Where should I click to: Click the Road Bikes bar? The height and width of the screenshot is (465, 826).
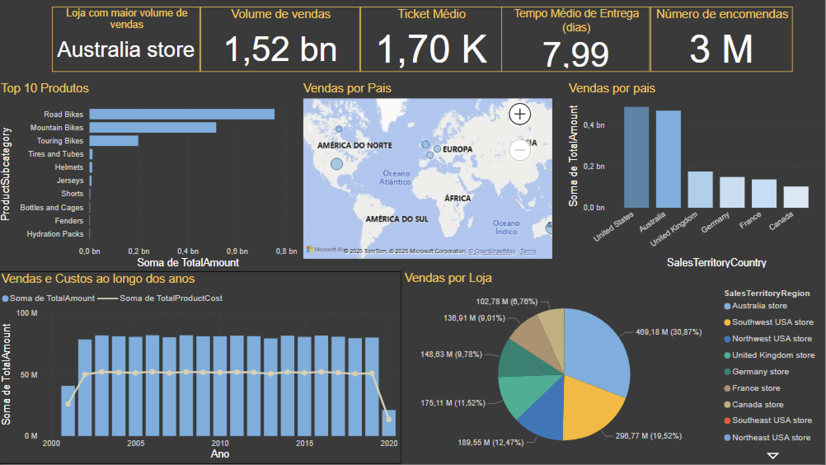pyautogui.click(x=182, y=114)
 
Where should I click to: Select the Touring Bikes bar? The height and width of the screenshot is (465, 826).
pyautogui.click(x=114, y=141)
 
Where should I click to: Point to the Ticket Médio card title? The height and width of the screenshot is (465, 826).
pyautogui.click(x=432, y=14)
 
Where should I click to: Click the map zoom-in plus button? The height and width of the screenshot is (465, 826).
pyautogui.click(x=520, y=114)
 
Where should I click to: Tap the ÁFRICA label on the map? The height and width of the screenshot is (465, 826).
pyautogui.click(x=458, y=198)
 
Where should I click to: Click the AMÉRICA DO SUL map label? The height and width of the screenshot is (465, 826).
pyautogui.click(x=397, y=219)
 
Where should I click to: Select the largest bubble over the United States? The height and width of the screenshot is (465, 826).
pyautogui.click(x=337, y=164)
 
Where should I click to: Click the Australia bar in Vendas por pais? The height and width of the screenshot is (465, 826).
pyautogui.click(x=668, y=159)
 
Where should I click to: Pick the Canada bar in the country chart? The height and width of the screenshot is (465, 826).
pyautogui.click(x=795, y=197)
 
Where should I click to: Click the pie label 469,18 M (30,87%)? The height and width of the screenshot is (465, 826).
pyautogui.click(x=669, y=332)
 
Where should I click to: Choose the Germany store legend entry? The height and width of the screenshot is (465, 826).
pyautogui.click(x=760, y=372)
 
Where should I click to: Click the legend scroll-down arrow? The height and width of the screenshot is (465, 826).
pyautogui.click(x=773, y=456)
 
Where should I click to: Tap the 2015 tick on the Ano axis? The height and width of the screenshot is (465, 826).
pyautogui.click(x=304, y=443)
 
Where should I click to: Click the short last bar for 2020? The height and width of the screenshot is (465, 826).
pyautogui.click(x=389, y=423)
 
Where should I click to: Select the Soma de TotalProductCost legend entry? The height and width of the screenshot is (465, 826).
pyautogui.click(x=171, y=298)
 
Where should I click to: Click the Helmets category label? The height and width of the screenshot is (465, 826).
pyautogui.click(x=69, y=167)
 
